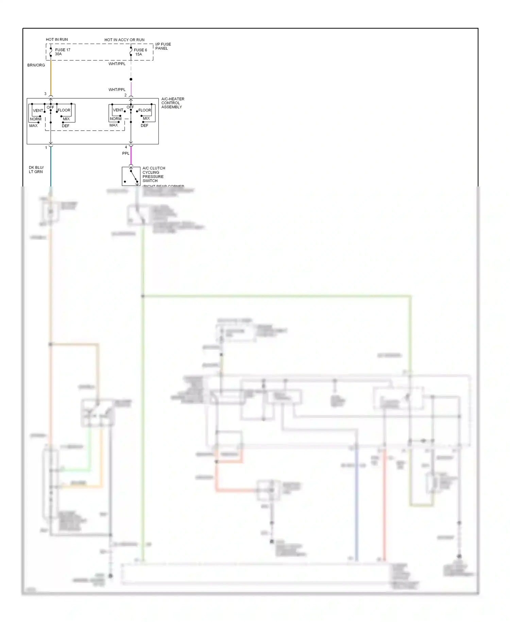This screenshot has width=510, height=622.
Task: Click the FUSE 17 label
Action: [x=63, y=50]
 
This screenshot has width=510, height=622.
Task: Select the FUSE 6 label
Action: [x=140, y=50]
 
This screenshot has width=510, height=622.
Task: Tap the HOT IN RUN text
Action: [x=57, y=39]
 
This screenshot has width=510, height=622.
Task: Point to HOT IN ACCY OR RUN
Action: [x=124, y=40]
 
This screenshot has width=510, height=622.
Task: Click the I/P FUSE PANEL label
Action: [x=163, y=46]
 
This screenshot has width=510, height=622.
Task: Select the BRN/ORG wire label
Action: [x=36, y=65]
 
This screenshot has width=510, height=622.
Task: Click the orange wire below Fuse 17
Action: [x=51, y=77]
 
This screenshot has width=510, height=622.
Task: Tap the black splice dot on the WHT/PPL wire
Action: [x=131, y=79]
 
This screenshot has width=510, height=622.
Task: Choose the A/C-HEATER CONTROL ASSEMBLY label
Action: [x=173, y=103]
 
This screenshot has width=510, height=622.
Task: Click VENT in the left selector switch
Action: [x=38, y=111]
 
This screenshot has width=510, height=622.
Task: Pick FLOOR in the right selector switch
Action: [x=144, y=110]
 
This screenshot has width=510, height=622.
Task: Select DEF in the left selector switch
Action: [x=66, y=126]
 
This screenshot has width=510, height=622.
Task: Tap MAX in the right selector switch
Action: [x=114, y=125]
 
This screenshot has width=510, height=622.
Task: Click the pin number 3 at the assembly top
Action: [x=45, y=94]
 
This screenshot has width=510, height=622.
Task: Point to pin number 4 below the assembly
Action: [x=126, y=147]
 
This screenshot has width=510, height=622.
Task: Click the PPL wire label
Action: [x=126, y=153]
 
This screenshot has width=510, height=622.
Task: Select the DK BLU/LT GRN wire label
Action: [x=36, y=169]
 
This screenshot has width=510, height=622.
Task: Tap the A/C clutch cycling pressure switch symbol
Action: [x=131, y=176]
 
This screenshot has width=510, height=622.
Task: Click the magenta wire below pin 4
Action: [x=131, y=157]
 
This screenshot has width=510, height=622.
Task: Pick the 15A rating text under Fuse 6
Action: [x=138, y=54]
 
